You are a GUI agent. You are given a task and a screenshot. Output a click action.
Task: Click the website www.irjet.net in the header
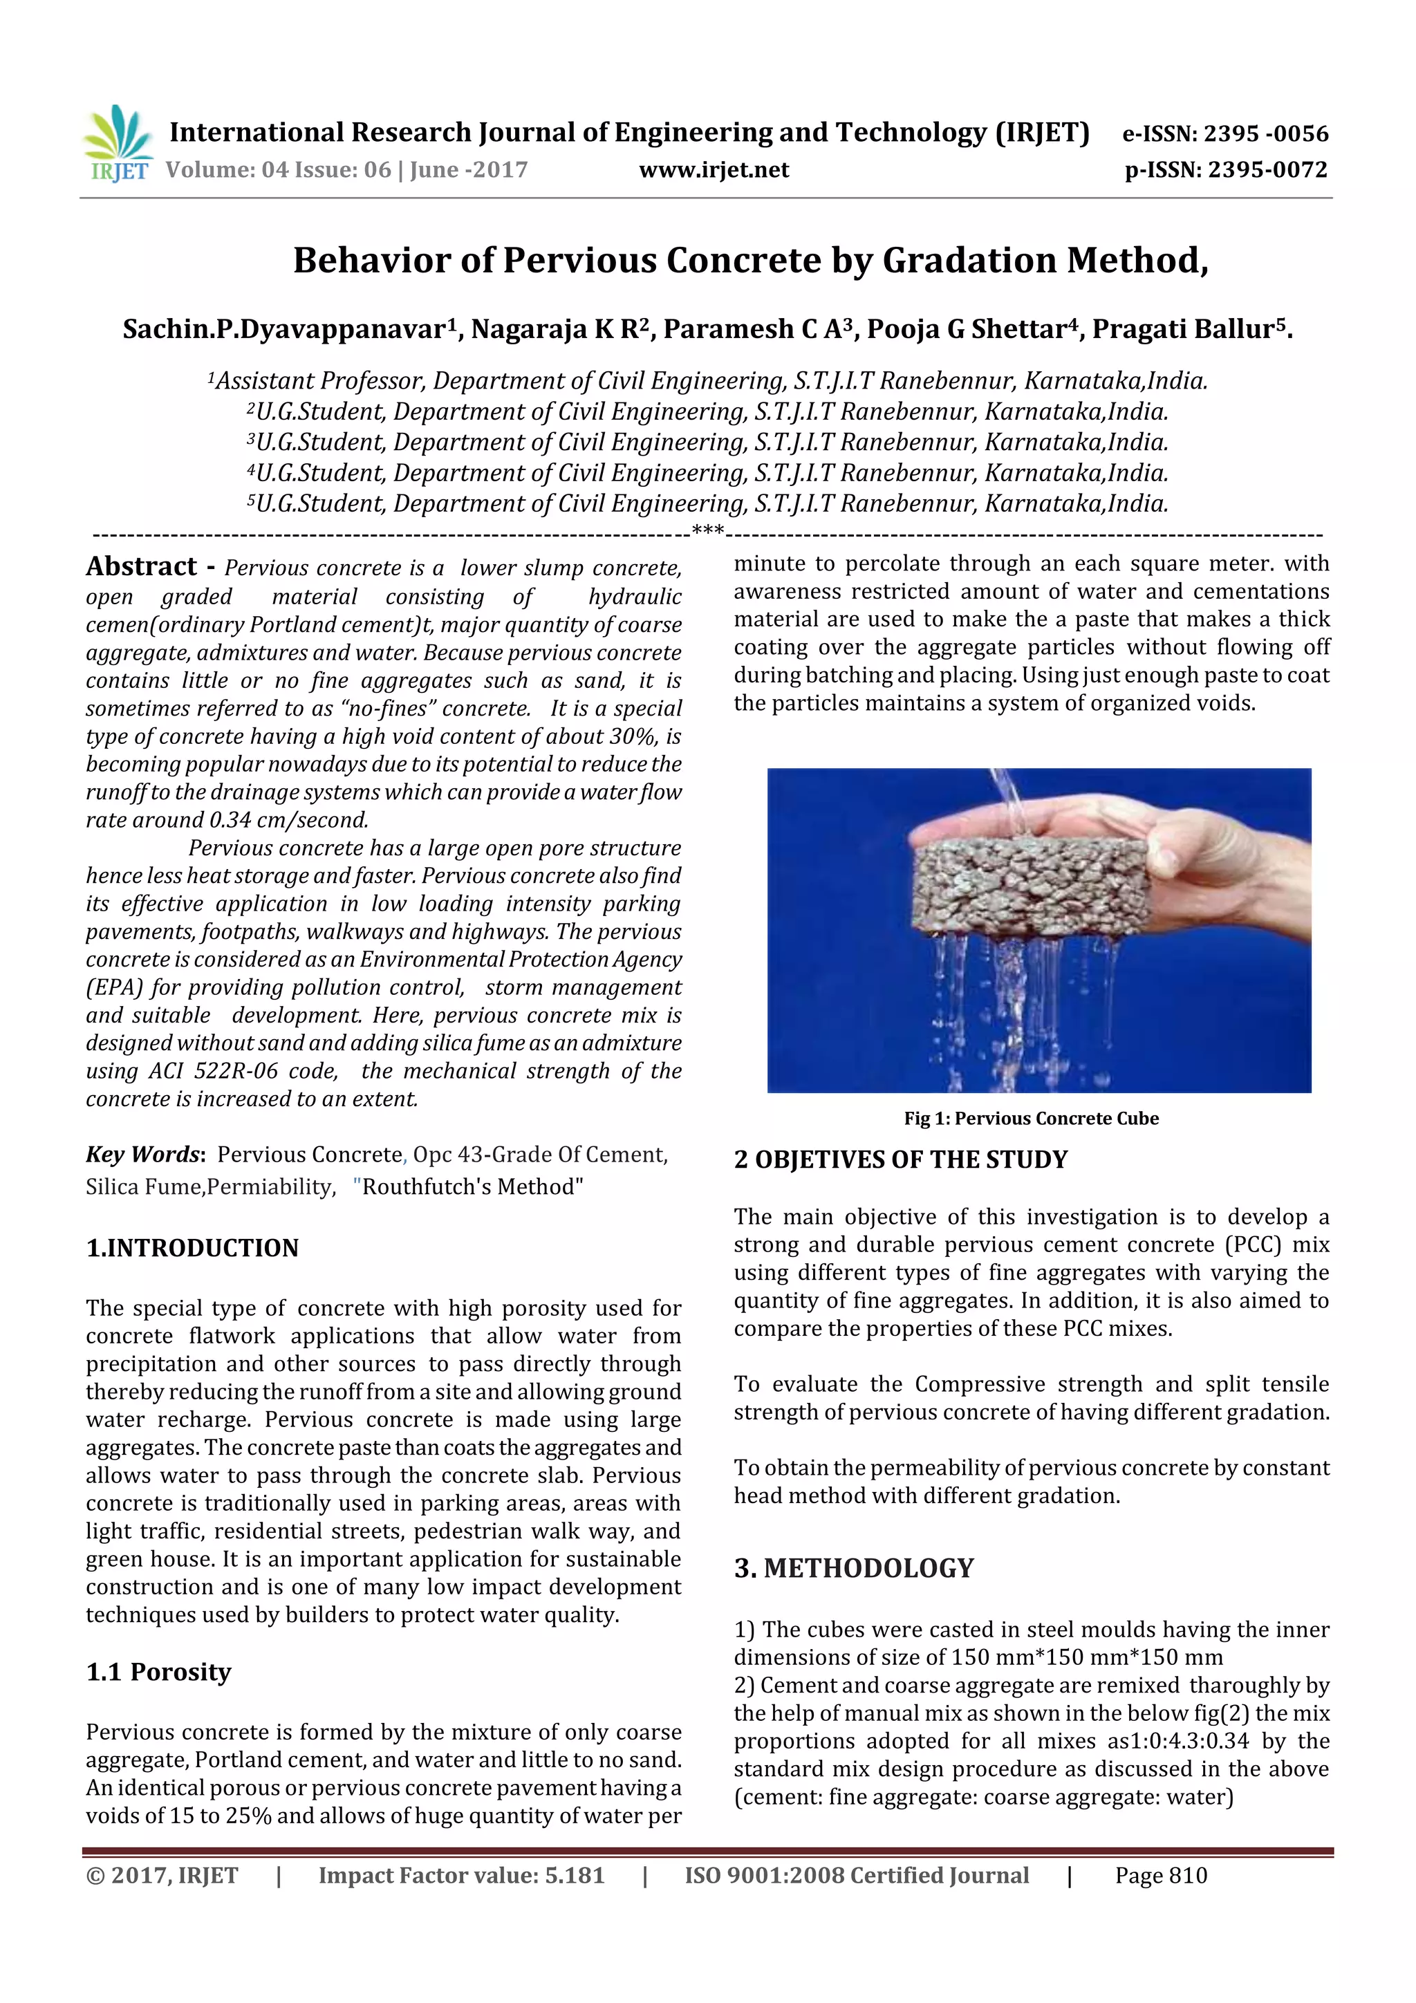coord(713,170)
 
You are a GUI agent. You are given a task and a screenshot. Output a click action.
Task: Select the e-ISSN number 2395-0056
coord(1265,133)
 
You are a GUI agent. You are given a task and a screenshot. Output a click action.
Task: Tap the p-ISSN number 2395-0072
coord(1267,170)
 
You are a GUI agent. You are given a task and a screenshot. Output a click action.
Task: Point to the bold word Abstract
coord(141,566)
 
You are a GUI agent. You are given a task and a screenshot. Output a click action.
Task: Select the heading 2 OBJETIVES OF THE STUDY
coord(900,1159)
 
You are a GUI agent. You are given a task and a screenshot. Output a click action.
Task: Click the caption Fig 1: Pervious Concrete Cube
coord(1030,1119)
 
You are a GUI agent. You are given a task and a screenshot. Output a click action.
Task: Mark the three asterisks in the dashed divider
coord(707,531)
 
